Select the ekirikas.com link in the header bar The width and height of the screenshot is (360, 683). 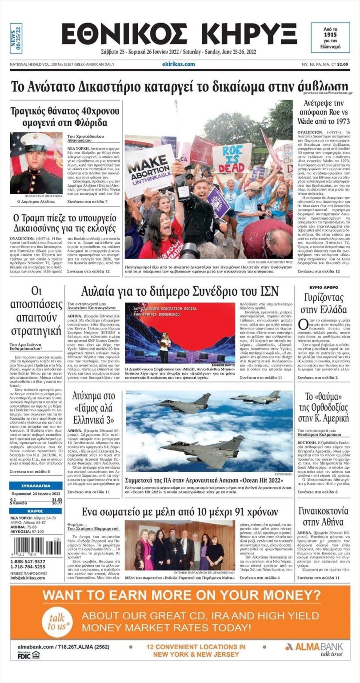(178, 64)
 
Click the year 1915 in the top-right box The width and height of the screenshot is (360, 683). (330, 34)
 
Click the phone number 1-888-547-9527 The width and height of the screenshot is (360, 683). (28, 562)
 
